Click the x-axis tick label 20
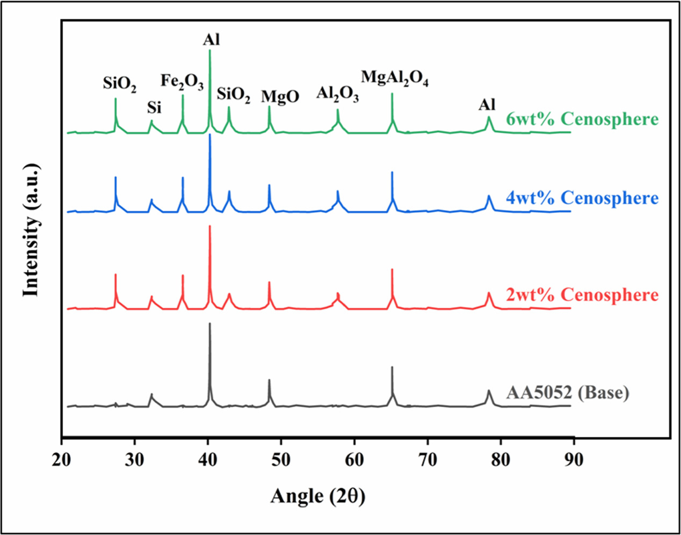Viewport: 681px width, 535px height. click(62, 461)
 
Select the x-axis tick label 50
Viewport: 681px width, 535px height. click(281, 461)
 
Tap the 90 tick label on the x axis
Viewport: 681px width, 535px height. click(574, 461)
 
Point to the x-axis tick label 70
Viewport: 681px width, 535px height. click(428, 461)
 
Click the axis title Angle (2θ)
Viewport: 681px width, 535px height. click(317, 496)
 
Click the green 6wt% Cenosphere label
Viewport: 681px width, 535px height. click(582, 119)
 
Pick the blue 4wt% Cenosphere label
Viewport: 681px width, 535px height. click(582, 198)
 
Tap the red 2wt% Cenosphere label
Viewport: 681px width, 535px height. click(582, 295)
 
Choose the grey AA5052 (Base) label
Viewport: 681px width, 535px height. click(567, 393)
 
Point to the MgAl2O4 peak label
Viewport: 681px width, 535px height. click(394, 78)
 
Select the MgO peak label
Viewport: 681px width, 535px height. click(280, 97)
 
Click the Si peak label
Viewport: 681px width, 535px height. click(154, 108)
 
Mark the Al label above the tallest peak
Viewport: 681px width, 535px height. click(211, 39)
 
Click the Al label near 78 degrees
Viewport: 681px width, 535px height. click(487, 104)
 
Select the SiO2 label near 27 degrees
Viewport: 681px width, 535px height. click(119, 84)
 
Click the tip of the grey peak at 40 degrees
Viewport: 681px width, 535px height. click(209, 323)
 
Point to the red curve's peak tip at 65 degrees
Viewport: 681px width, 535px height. click(392, 269)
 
